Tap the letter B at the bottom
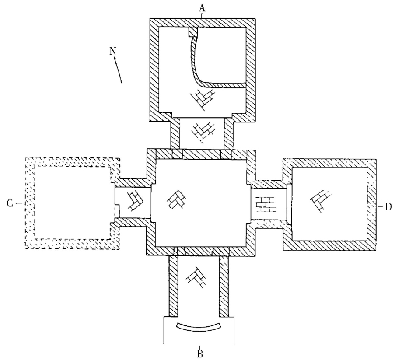point(200,352)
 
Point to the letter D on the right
point(388,206)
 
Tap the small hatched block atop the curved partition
point(193,32)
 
